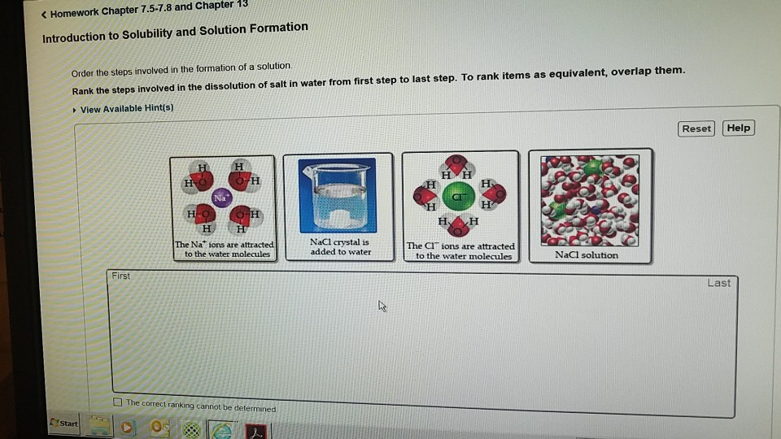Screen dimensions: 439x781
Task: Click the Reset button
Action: (x=696, y=128)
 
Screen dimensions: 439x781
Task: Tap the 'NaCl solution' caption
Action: (x=586, y=254)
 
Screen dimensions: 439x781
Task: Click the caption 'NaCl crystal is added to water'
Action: (x=340, y=247)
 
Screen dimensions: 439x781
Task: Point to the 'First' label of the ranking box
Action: (x=120, y=276)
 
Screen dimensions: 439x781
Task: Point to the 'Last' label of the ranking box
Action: (x=718, y=283)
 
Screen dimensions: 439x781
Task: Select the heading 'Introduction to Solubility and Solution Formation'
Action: (x=175, y=33)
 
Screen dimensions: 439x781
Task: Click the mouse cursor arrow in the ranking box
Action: (x=382, y=306)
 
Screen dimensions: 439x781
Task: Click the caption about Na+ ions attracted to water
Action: (x=225, y=250)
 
